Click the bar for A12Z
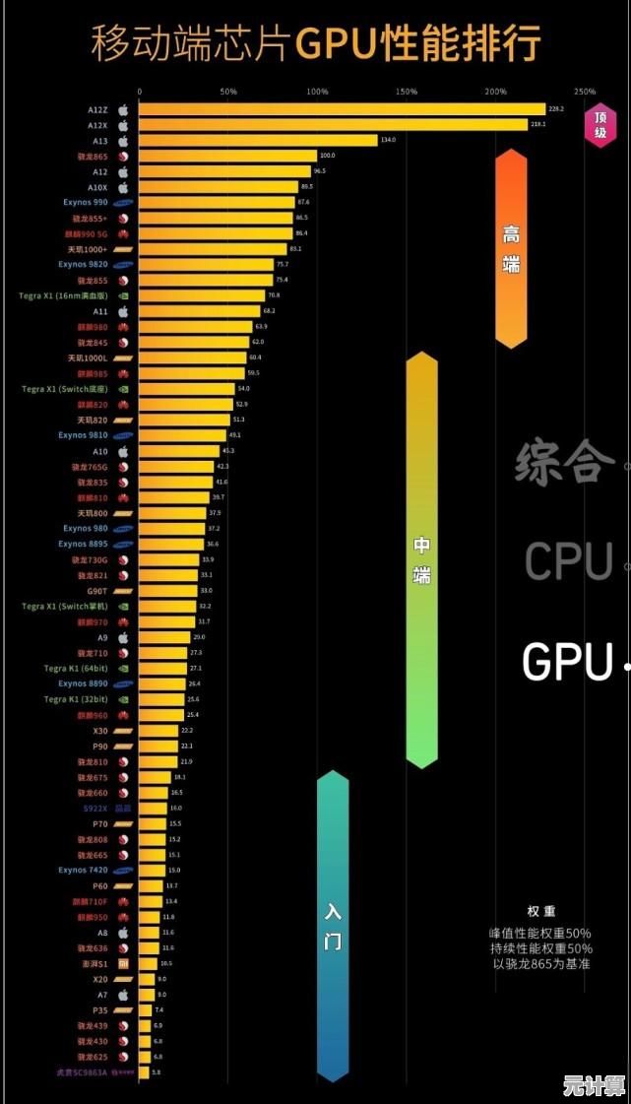[x=341, y=109]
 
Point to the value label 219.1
[x=538, y=125]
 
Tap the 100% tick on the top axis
[x=317, y=92]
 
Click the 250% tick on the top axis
[x=585, y=92]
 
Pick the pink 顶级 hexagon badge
[x=599, y=124]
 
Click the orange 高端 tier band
[x=511, y=248]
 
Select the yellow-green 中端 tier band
[x=421, y=559]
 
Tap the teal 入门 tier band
[x=333, y=926]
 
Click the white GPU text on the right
[x=568, y=662]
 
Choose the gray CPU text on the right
[x=568, y=561]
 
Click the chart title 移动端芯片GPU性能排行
[x=315, y=43]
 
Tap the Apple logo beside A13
[x=124, y=141]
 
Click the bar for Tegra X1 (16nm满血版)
[x=202, y=294]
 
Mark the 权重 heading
[x=540, y=912]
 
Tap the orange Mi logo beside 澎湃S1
[x=124, y=963]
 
